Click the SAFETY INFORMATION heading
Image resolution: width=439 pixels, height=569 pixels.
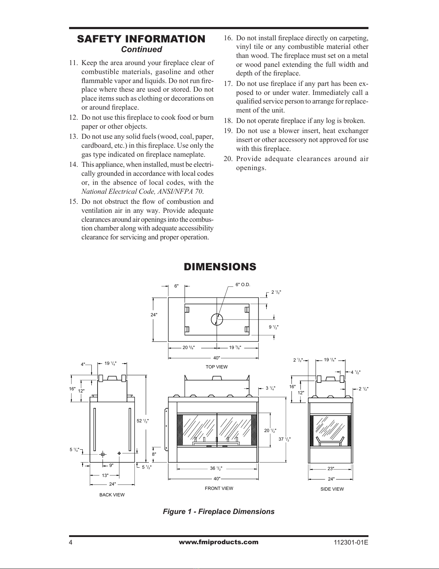[x=141, y=39]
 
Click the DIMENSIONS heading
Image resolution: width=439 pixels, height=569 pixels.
[x=220, y=267]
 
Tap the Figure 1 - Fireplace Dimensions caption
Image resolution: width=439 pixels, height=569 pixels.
[x=219, y=511]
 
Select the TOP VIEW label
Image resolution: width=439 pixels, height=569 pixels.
[x=217, y=367]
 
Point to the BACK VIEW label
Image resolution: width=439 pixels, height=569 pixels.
[x=112, y=495]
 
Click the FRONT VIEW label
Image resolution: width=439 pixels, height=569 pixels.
[x=219, y=488]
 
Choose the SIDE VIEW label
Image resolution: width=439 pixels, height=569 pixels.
[x=332, y=489]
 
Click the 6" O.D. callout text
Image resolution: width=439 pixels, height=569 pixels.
[x=243, y=285]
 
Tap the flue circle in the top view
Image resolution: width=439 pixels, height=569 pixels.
[x=217, y=319]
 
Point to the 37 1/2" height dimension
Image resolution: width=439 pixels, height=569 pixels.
[x=285, y=439]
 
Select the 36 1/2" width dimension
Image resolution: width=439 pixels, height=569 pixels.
[x=216, y=468]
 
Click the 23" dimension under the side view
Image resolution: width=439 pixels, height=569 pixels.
[x=331, y=468]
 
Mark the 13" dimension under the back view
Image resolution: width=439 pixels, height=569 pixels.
[x=105, y=475]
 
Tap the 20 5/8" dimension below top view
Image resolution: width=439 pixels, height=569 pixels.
[x=189, y=348]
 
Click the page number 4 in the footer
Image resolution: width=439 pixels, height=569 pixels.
[x=71, y=542]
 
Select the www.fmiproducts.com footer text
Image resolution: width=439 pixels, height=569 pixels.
[x=218, y=542]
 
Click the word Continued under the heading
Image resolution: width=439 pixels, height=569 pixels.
[x=141, y=49]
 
